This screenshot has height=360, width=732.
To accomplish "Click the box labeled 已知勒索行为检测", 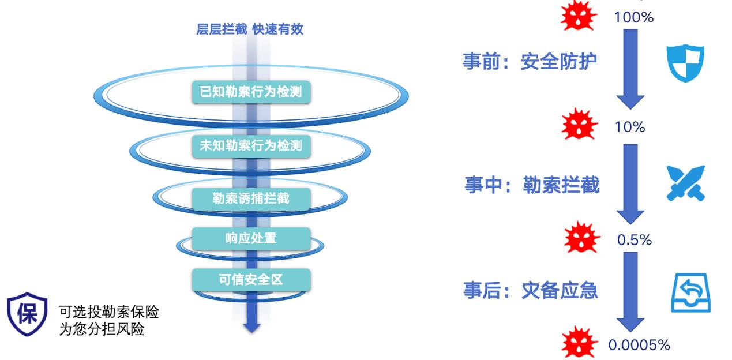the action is click(x=251, y=92).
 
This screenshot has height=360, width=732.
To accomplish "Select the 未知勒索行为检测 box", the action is click(x=251, y=146).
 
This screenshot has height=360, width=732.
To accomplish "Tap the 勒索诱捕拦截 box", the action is click(x=251, y=199).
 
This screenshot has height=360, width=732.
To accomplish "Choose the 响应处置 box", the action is click(x=251, y=239).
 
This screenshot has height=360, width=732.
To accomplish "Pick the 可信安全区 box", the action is click(x=251, y=280).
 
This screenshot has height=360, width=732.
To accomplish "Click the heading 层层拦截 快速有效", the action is click(x=250, y=29).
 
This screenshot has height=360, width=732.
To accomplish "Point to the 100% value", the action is click(x=634, y=17).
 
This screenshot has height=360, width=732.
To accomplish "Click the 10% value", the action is click(x=630, y=127).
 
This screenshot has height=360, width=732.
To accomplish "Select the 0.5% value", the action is click(x=635, y=240).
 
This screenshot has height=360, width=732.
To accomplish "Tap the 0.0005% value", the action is click(x=639, y=345).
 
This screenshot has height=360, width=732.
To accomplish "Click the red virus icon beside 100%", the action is click(x=579, y=16).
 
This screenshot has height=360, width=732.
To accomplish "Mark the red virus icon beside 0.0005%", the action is click(x=580, y=343).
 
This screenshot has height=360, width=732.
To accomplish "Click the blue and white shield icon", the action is click(x=685, y=63).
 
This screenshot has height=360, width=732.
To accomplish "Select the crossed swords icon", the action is click(x=686, y=183).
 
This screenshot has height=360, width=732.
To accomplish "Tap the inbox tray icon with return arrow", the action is click(x=690, y=292).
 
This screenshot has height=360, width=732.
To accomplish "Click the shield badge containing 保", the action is click(x=28, y=314).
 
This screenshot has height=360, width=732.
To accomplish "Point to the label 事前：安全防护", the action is click(x=530, y=61).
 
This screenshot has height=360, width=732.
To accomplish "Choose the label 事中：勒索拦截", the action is click(x=532, y=185).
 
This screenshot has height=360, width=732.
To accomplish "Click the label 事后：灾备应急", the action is click(x=530, y=290).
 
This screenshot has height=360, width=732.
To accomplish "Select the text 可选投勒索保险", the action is click(x=109, y=312).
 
